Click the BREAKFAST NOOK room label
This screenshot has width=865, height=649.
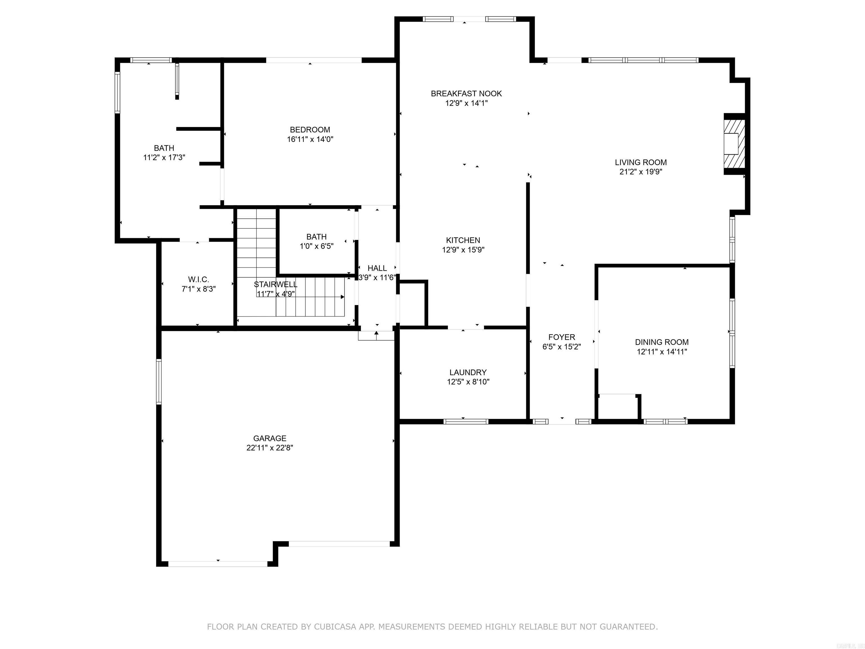pos(466,94)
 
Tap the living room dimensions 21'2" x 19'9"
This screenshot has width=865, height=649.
pos(641,172)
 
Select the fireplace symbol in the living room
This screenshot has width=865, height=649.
pos(734,144)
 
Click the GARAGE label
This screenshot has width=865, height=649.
pos(269,438)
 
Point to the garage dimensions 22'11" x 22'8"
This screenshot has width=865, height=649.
pos(269,448)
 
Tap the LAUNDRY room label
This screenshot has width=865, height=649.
pos(468,372)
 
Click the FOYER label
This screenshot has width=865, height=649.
pos(561,337)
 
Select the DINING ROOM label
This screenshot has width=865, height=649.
pos(662,342)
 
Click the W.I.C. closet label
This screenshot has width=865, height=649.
pos(198,279)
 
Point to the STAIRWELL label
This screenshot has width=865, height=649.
pos(275,285)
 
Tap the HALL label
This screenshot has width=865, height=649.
pos(377,268)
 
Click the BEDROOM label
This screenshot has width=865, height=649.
pos(310,130)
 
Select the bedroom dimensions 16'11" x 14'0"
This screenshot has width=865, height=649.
pos(310,139)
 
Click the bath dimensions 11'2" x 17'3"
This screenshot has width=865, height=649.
pos(164,158)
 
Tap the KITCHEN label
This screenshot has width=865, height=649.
pos(463,240)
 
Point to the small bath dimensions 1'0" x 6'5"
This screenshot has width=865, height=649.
pos(316,246)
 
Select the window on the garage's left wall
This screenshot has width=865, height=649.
pos(159,381)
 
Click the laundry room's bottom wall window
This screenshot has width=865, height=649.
pos(466,421)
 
